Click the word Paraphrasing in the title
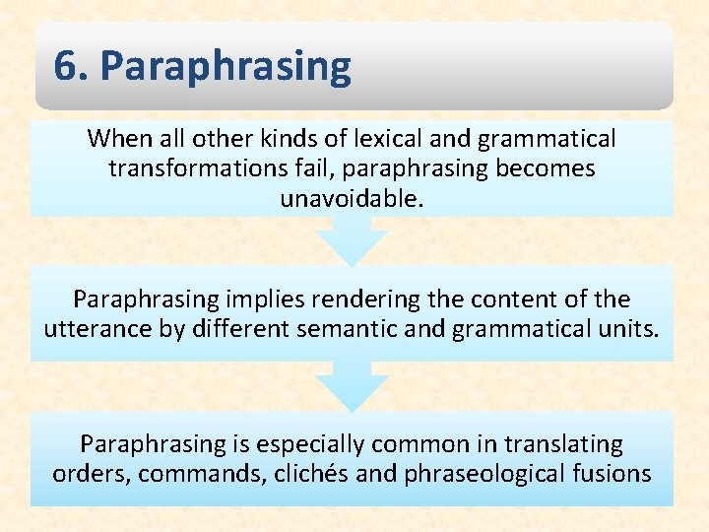coord(226,68)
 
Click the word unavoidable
coord(352,198)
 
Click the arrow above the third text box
coord(352,386)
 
